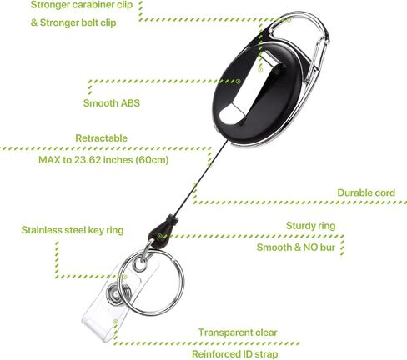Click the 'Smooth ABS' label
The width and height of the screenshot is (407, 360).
pos(112,103)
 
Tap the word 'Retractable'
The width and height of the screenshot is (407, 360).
pos(102,138)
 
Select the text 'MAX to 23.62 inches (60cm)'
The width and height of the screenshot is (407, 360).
pos(103,160)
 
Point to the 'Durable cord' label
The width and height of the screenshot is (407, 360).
pos(366,192)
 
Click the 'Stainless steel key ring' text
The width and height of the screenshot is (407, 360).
pos(73,230)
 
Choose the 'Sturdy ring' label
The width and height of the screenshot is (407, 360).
pos(311,226)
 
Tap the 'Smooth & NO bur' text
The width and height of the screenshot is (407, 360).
pos(296,247)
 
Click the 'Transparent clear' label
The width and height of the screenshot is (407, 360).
pos(238,332)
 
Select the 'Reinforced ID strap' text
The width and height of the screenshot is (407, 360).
pos(235,354)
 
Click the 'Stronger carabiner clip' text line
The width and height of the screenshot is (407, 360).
pos(82,5)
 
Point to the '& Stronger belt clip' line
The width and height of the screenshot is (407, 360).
pos(73,22)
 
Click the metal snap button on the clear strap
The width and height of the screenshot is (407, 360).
pos(115,294)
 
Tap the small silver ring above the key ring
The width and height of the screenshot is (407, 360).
pos(139,264)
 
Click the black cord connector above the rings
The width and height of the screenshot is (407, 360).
pos(163,231)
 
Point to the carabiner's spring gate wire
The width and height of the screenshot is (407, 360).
pos(317,61)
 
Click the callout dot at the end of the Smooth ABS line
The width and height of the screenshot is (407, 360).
pos(238,82)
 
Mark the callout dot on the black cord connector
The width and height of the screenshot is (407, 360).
pos(159,237)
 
